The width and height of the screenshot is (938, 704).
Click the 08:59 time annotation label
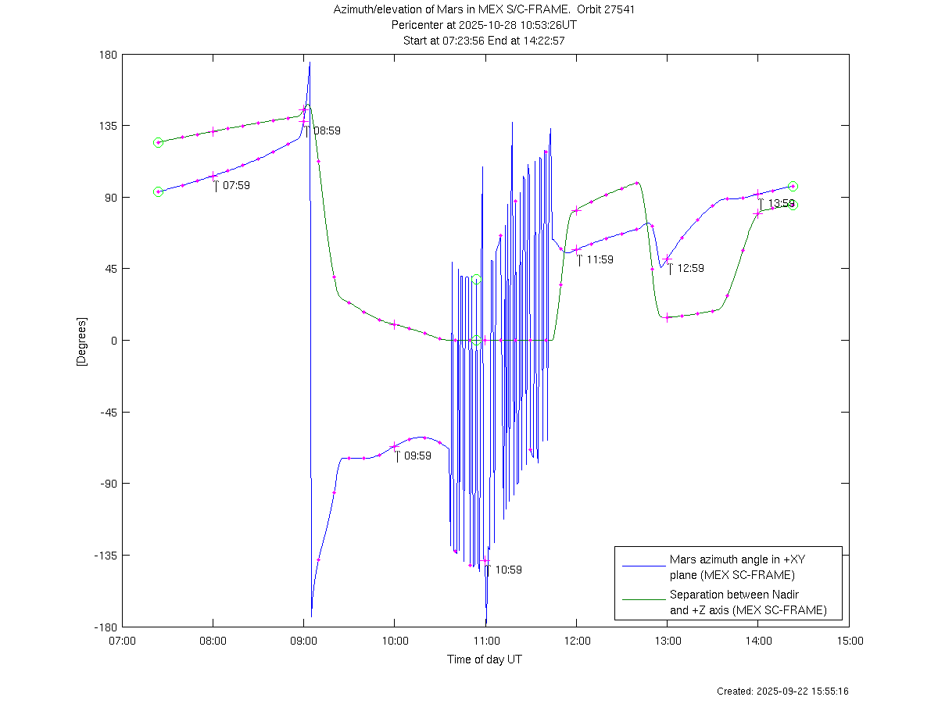[x=327, y=130]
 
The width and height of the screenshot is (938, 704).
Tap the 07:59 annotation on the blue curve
[x=236, y=185]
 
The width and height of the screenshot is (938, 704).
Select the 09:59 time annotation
[x=417, y=456]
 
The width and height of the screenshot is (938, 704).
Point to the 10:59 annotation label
[x=508, y=570]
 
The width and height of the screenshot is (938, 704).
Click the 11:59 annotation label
[x=600, y=259]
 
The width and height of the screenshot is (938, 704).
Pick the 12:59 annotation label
[x=690, y=268]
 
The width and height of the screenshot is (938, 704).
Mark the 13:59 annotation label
[x=781, y=203]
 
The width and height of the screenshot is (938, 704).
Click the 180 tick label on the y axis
[x=108, y=55]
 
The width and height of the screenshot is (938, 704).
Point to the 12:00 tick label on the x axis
[x=577, y=641]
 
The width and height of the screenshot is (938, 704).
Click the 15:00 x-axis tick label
[x=850, y=641]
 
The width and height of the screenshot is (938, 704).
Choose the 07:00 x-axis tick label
[x=122, y=641]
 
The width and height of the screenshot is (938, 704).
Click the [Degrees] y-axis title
[x=81, y=341]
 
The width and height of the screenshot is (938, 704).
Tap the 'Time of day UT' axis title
[x=485, y=659]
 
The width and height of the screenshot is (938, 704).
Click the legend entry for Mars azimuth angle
[x=731, y=567]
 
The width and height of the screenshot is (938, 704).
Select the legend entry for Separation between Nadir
[x=747, y=602]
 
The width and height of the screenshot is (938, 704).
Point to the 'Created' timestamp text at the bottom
[x=782, y=691]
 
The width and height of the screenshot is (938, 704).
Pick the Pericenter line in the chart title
[x=484, y=25]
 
